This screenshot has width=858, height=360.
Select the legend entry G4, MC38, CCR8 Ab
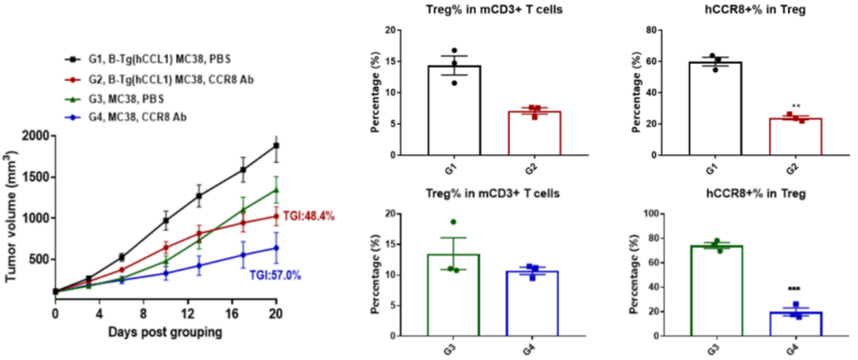[130, 118]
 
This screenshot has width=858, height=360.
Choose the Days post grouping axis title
[165, 332]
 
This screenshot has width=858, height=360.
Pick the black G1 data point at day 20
[276, 145]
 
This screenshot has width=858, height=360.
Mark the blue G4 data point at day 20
[276, 248]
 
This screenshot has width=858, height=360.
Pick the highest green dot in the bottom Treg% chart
[454, 222]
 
